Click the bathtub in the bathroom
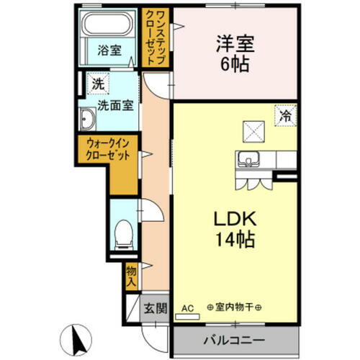(x=109, y=27)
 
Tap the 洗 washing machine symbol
(x=97, y=83)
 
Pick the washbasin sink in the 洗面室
(x=88, y=120)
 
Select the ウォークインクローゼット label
(x=107, y=150)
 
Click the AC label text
(x=188, y=307)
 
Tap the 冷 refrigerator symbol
(x=286, y=113)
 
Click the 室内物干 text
(x=235, y=307)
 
